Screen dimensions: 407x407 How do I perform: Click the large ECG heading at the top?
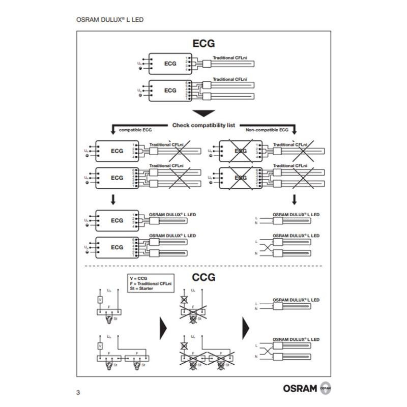pyautogui.click(x=203, y=44)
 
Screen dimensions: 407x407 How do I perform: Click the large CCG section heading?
pyautogui.click(x=203, y=277)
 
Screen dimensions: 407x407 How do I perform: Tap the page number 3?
pyautogui.click(x=78, y=392)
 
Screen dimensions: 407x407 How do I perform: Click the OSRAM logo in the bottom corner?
pyautogui.click(x=307, y=388)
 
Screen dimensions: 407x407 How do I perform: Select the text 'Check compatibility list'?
pyautogui.click(x=203, y=125)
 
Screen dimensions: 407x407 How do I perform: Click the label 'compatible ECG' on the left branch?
pyautogui.click(x=135, y=130)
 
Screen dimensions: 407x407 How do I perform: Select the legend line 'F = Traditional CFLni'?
pyautogui.click(x=151, y=284)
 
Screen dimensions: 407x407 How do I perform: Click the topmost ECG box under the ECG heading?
pyautogui.click(x=170, y=64)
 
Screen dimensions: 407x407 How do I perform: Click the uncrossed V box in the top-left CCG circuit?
pyautogui.click(x=100, y=300)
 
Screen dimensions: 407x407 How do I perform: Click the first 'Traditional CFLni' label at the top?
pyautogui.click(x=230, y=59)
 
